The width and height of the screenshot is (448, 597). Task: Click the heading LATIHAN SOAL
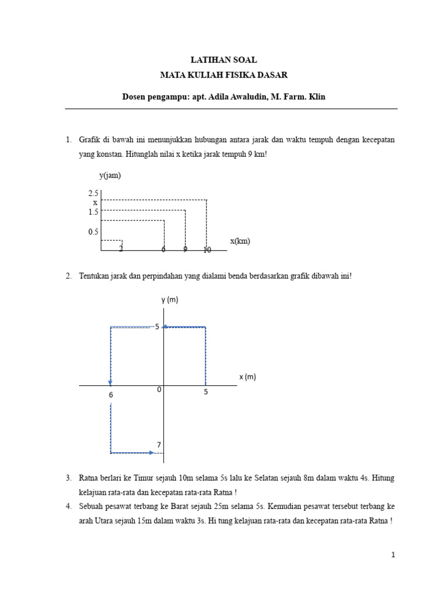tap(224, 60)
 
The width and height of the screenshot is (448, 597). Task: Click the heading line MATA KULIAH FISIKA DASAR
tap(224, 75)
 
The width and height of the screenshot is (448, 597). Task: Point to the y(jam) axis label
tap(110, 175)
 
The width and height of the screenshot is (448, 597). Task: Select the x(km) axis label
tap(240, 241)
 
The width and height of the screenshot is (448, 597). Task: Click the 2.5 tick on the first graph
tap(93, 193)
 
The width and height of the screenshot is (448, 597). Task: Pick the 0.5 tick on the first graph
tap(93, 232)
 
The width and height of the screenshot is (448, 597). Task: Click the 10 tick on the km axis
tap(207, 250)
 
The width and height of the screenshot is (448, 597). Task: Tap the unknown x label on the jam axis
tap(95, 202)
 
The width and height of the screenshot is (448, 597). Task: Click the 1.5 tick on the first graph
tap(93, 212)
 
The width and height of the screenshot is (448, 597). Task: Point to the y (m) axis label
tap(170, 300)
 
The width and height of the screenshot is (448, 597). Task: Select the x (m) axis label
tap(247, 377)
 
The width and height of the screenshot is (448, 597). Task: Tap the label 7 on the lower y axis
tap(158, 445)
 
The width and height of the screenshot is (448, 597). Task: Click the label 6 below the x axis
tap(111, 395)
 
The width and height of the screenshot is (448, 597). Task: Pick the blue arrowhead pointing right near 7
tap(152, 452)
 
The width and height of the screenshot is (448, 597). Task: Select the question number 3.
tap(68, 478)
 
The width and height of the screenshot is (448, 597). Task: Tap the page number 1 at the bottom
tap(393, 556)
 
